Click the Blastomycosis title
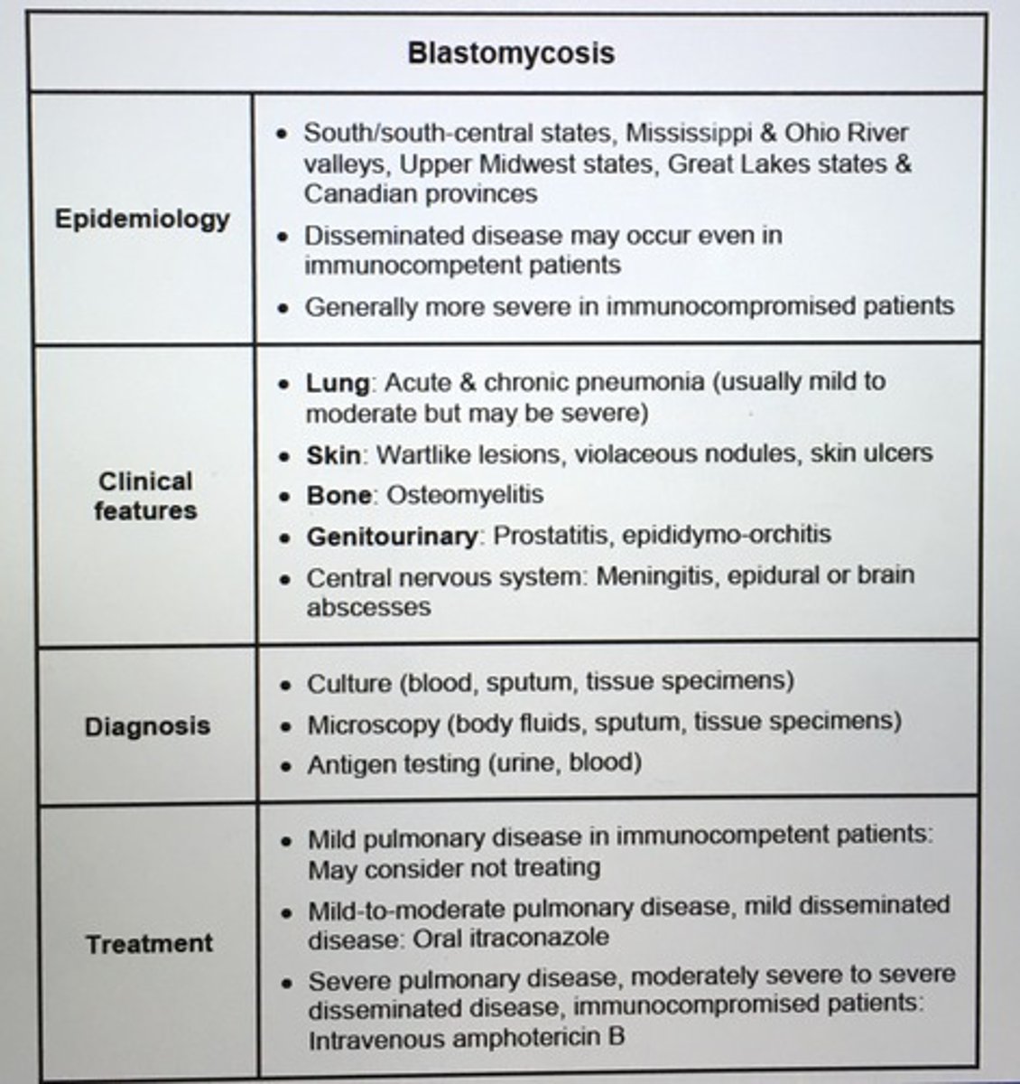coord(511,52)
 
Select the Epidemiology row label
coord(142,220)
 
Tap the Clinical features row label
coord(144,495)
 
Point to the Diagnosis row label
coord(147,726)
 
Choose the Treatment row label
coord(149,944)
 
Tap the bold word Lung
coord(337,383)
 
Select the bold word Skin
coord(333,454)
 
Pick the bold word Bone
coord(338,495)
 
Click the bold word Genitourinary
coord(392,536)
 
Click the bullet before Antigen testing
coord(286,766)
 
